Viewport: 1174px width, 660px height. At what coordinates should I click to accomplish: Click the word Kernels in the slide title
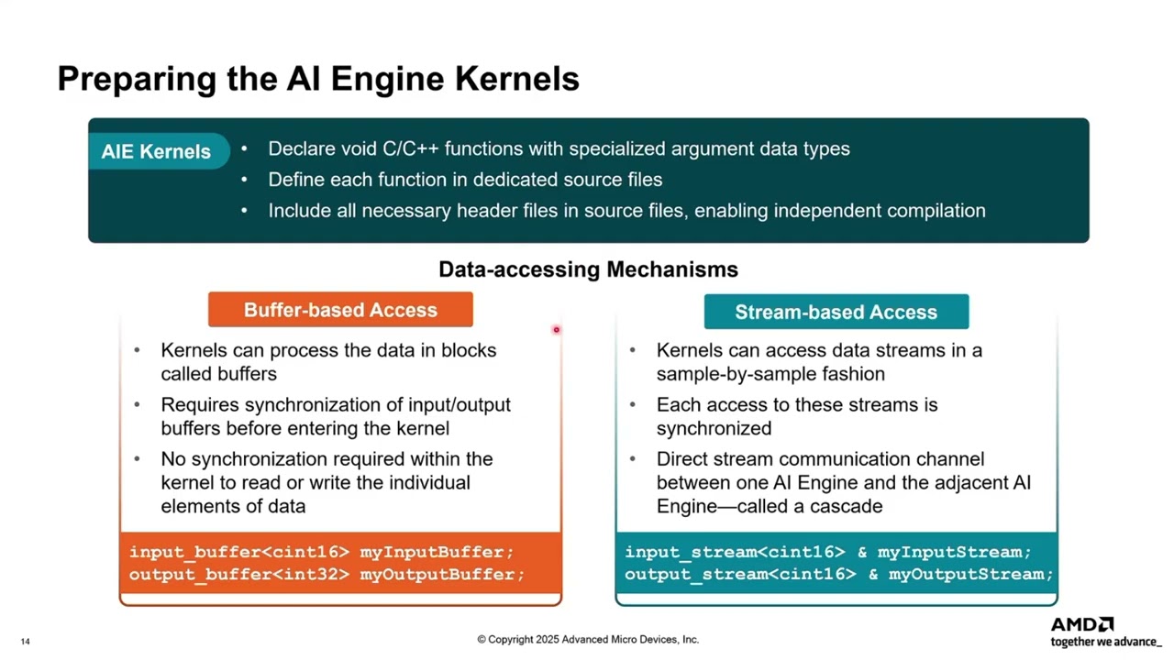pyautogui.click(x=516, y=79)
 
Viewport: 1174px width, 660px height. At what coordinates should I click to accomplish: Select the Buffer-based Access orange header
pyautogui.click(x=340, y=310)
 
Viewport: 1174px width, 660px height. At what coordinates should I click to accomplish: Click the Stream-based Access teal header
pyautogui.click(x=836, y=312)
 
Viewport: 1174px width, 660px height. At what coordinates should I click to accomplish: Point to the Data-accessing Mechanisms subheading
pyautogui.click(x=588, y=269)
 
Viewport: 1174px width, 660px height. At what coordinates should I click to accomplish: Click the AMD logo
pyautogui.click(x=1081, y=624)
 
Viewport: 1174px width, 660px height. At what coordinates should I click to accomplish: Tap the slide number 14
pyautogui.click(x=25, y=641)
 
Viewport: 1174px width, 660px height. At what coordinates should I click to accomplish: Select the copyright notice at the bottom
pyautogui.click(x=588, y=639)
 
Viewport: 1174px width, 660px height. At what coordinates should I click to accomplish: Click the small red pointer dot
pyautogui.click(x=556, y=329)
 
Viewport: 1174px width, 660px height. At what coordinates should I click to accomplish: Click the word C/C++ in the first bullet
pyautogui.click(x=410, y=148)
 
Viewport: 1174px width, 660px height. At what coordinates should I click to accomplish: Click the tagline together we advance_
pyautogui.click(x=1106, y=642)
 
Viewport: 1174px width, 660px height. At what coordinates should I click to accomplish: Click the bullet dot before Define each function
pyautogui.click(x=244, y=180)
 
